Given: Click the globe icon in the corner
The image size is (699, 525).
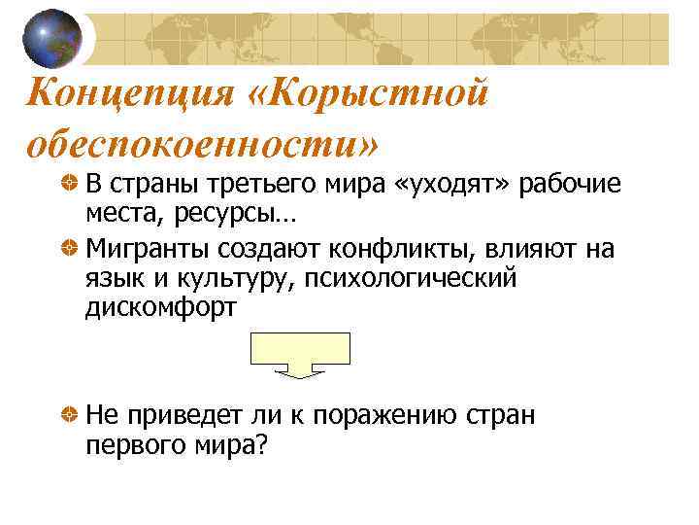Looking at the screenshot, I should pyautogui.click(x=52, y=38).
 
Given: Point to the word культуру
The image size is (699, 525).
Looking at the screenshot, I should pyautogui.click(x=232, y=280).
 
